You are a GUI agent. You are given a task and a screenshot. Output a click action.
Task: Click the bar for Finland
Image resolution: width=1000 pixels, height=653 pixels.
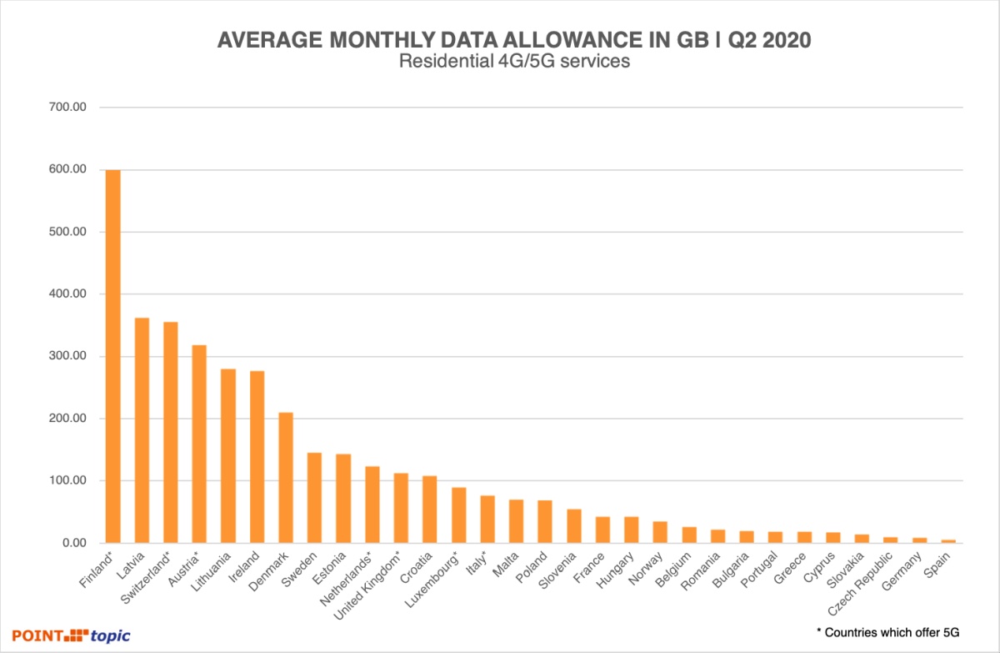click(x=112, y=356)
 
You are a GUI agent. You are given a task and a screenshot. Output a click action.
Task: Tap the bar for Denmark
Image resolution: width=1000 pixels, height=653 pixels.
click(x=285, y=477)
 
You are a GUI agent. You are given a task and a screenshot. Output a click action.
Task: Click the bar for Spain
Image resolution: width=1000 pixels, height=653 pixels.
click(x=947, y=541)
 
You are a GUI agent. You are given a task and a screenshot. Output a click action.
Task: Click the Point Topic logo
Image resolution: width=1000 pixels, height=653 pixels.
click(x=71, y=635)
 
